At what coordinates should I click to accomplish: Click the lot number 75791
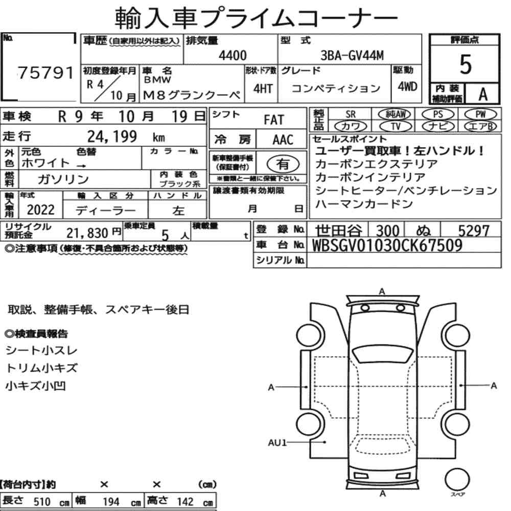tap(45, 73)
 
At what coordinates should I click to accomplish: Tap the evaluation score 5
tap(465, 64)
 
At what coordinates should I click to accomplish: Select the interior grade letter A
tap(483, 94)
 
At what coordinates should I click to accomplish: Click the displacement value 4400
tap(233, 55)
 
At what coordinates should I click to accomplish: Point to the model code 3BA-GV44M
tap(352, 55)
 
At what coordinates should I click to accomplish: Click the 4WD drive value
tap(407, 87)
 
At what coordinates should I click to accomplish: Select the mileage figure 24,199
tap(112, 136)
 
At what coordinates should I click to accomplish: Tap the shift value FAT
tap(274, 120)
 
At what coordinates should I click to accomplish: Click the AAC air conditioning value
tap(283, 140)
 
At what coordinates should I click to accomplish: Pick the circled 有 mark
tap(283, 164)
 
